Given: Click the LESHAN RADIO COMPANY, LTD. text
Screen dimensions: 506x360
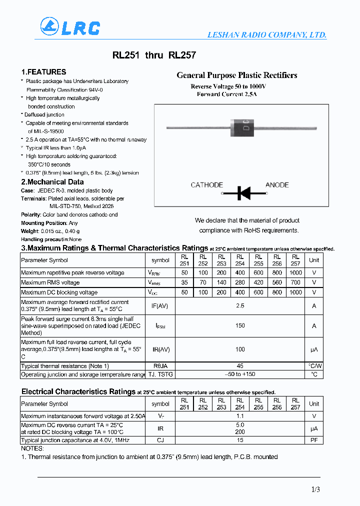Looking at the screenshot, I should pos(267,35).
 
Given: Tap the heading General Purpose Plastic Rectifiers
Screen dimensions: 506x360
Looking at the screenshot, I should pos(237,75).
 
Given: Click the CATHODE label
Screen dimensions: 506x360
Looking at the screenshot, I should pos(206,185).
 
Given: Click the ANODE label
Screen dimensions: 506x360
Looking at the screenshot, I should pos(277,185).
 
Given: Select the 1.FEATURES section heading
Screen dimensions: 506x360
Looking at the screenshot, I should pos(43,72).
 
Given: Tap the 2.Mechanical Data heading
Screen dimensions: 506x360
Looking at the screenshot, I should pos(52,182).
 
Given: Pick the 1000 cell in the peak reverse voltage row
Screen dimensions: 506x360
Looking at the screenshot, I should pos(295,273).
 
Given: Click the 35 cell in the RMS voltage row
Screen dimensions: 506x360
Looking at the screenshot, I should pos(184,282).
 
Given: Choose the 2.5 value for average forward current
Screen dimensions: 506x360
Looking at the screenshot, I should pos(240,305).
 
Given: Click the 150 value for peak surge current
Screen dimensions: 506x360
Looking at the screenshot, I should pos(240,326).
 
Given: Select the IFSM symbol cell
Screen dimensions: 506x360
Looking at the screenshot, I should pos(160,326).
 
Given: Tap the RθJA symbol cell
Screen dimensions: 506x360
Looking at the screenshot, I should pos(160,366).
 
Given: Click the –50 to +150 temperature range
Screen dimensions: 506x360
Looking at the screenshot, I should pos(240,374).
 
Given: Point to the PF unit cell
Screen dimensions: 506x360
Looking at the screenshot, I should pos(313,440).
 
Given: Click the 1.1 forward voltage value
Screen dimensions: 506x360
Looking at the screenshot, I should pos(240,416).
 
